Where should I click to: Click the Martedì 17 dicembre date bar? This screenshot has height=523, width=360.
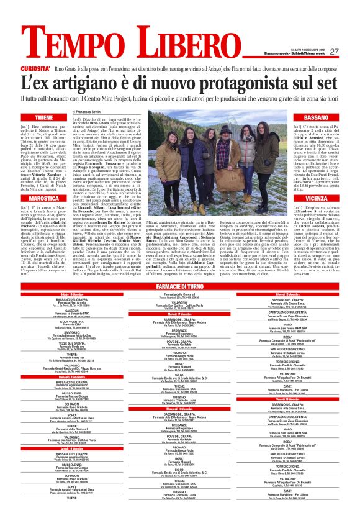[x=179, y=314]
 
